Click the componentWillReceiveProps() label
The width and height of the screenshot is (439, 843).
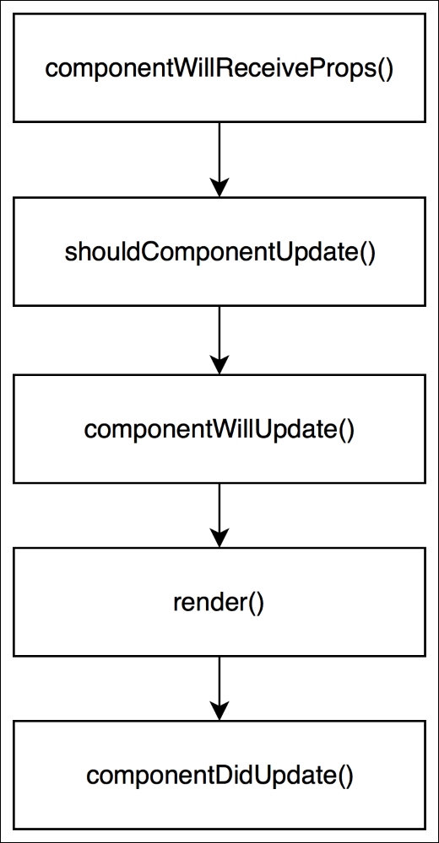(x=219, y=69)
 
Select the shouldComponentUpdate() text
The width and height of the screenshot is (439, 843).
(x=219, y=252)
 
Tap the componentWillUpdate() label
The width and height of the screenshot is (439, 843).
(x=219, y=430)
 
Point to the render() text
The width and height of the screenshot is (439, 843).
(x=219, y=603)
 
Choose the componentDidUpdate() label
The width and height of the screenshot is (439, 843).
(x=219, y=776)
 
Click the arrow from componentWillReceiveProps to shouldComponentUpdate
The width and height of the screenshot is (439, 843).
(x=219, y=159)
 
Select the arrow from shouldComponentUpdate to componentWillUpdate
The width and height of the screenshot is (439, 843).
(x=219, y=341)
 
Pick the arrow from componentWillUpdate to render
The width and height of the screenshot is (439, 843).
(x=219, y=515)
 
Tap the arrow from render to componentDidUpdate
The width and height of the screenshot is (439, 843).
(x=219, y=689)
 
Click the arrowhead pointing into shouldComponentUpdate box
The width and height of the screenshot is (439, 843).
(x=219, y=188)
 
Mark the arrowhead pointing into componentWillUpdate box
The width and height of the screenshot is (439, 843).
(x=219, y=365)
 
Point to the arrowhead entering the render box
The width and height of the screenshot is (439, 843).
(x=219, y=538)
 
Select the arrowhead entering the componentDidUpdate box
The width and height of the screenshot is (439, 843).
(x=219, y=711)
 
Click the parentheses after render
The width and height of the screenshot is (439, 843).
(x=257, y=604)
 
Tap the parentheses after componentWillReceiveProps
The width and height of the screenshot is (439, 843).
(x=385, y=70)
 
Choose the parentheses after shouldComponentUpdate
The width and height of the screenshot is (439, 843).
(x=366, y=253)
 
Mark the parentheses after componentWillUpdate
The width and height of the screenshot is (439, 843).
(x=346, y=431)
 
